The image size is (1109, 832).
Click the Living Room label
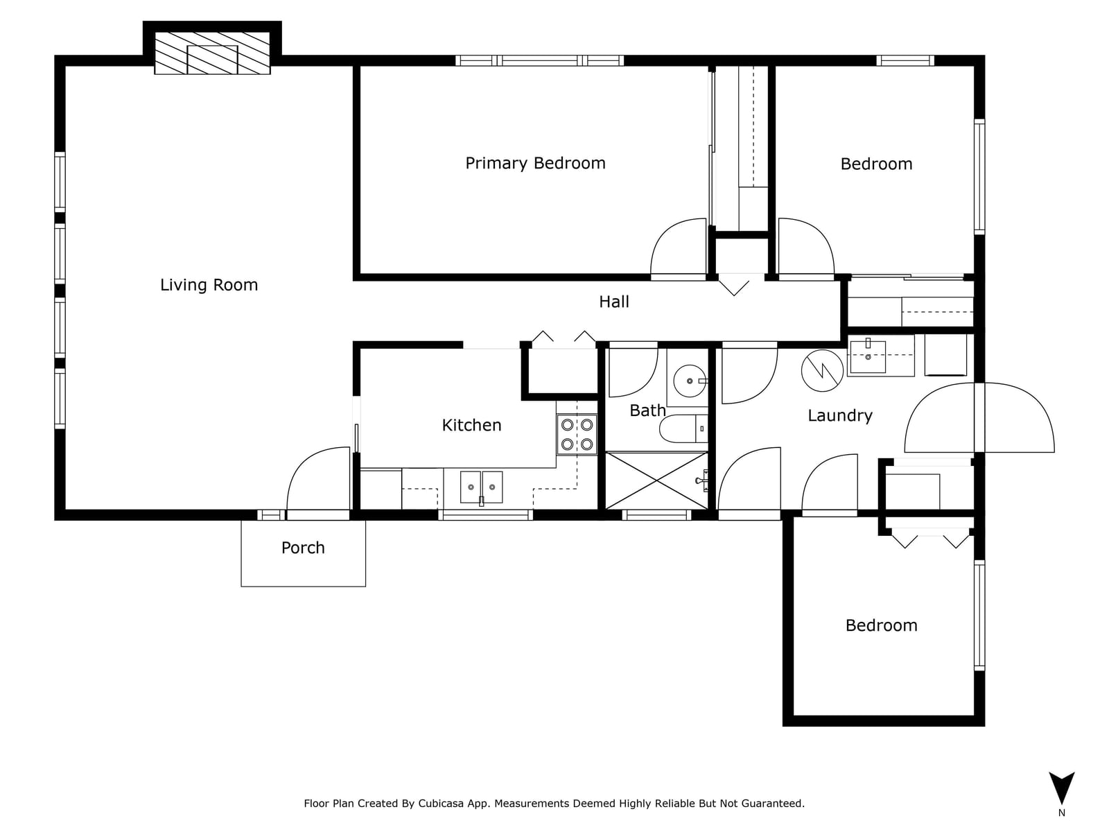tap(209, 285)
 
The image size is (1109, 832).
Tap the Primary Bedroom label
tap(535, 163)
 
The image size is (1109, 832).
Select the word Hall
tap(614, 302)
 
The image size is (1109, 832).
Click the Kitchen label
tap(471, 425)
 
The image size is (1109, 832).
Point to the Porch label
tap(303, 548)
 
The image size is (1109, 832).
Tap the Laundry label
tap(839, 415)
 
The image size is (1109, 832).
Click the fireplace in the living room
tap(212, 53)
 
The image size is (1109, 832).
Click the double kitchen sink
tap(481, 487)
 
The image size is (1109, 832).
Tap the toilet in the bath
tap(683, 429)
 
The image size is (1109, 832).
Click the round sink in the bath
tap(690, 381)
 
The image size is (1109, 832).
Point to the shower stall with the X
tap(657, 480)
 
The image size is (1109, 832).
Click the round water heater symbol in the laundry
tap(822, 370)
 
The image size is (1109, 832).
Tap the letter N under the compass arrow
tap(1061, 813)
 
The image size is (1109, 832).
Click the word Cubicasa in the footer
tap(441, 803)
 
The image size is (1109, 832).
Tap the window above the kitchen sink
tap(485, 514)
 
